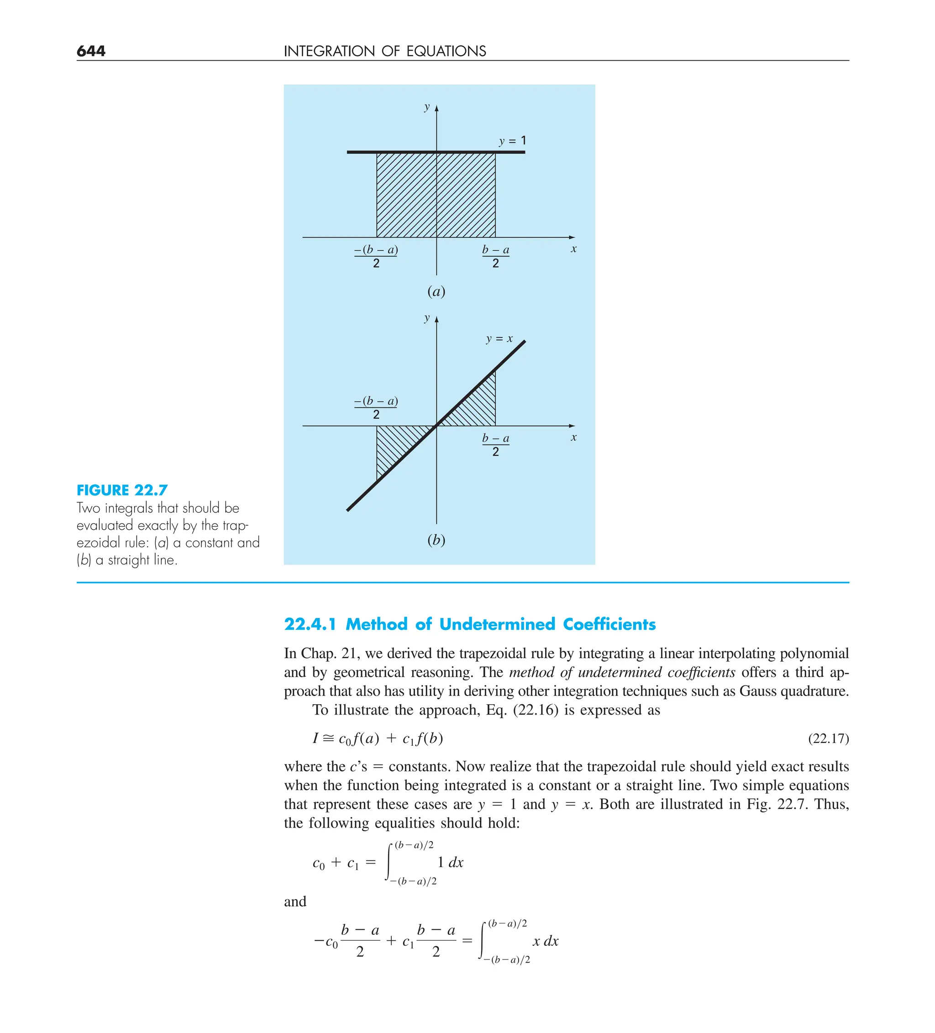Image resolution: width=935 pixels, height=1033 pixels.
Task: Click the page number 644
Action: (91, 51)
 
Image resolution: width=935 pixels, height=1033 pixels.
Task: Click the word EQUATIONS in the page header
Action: (446, 51)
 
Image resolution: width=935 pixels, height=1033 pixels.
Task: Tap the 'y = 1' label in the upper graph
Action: (512, 141)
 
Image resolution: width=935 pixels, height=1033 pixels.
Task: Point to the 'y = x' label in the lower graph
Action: (499, 339)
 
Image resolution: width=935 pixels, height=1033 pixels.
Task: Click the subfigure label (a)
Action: (436, 291)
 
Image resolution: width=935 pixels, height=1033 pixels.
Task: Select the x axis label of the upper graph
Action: (573, 249)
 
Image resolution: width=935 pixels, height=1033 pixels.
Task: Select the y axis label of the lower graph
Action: (427, 318)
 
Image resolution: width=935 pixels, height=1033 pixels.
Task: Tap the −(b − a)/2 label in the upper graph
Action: (376, 256)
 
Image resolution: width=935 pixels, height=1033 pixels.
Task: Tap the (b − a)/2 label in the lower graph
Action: (495, 444)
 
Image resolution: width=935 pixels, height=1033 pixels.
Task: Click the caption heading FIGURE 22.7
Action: (122, 490)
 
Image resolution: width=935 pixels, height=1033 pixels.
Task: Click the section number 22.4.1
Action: (310, 624)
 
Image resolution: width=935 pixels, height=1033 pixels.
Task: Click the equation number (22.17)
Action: (828, 738)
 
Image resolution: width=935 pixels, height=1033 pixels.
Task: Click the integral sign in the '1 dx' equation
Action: (389, 863)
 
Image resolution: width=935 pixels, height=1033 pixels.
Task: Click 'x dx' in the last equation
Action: (545, 941)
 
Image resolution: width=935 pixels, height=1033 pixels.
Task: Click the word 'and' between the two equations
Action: (295, 901)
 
